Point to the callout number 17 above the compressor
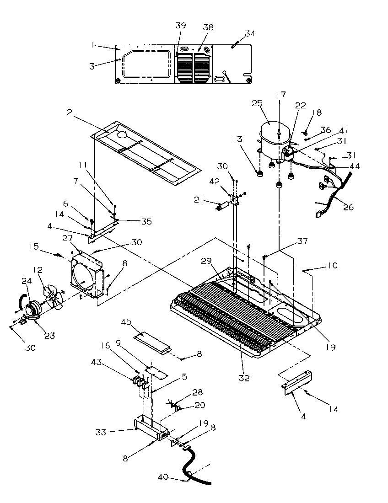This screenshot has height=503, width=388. point(282,95)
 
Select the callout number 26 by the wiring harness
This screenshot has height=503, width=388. point(348,207)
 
